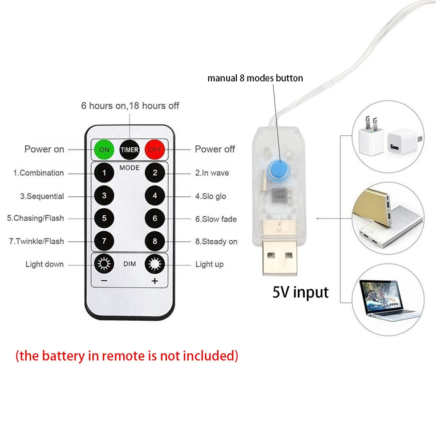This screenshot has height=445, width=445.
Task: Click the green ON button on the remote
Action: (x=104, y=150)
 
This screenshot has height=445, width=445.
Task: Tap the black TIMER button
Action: (x=129, y=150)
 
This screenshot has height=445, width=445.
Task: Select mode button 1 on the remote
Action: (x=104, y=173)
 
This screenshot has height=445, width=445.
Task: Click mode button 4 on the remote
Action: (x=155, y=196)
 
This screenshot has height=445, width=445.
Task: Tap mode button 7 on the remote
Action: (x=104, y=241)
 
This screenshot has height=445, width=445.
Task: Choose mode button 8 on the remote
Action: (x=155, y=241)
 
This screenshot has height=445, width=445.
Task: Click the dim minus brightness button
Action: (x=104, y=265)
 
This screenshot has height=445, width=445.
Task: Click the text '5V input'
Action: (x=300, y=292)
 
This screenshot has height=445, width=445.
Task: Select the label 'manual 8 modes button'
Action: (x=255, y=78)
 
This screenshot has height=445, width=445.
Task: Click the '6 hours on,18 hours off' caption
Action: (x=130, y=106)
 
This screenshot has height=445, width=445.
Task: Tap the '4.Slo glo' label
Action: (x=210, y=196)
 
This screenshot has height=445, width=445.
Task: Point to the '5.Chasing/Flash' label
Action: (x=35, y=218)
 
